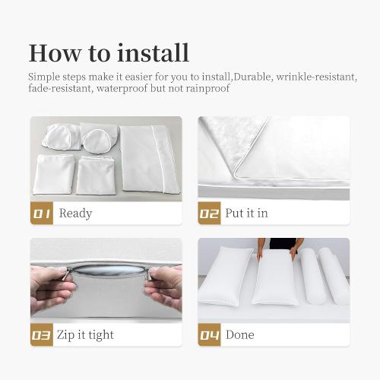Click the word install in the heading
[x=154, y=53]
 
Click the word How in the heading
[x=55, y=53]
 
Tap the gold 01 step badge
[x=42, y=214]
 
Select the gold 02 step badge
[x=209, y=214]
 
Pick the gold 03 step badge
[x=42, y=334]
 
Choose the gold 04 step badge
[x=209, y=334]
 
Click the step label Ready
[x=75, y=214]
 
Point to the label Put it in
[x=246, y=213]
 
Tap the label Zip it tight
[x=85, y=335]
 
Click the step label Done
[x=240, y=334]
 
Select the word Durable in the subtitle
[x=252, y=77]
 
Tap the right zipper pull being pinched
[x=150, y=274]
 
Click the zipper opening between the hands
[x=109, y=270]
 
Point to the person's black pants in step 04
[x=283, y=243]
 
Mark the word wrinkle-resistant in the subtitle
[x=317, y=77]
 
